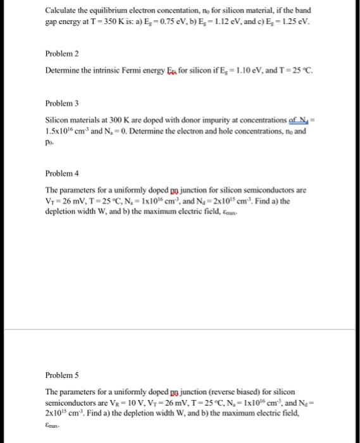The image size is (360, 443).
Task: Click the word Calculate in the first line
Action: pos(62,11)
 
